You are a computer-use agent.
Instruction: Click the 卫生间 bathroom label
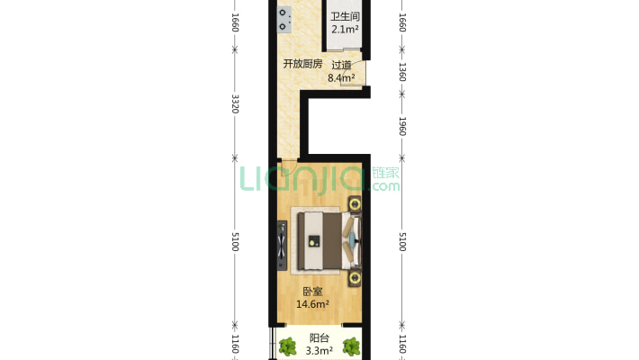tap(345, 17)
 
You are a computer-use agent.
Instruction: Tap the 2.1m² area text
tap(345, 30)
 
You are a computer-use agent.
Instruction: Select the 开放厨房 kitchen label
tap(302, 64)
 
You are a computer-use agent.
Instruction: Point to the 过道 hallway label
tap(341, 65)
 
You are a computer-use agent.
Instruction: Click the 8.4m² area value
tap(341, 77)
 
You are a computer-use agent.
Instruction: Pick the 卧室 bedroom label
tap(312, 292)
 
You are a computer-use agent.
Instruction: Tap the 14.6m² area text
tap(312, 304)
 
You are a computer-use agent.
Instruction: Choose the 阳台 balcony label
tap(319, 338)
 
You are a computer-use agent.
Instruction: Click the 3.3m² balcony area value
tap(319, 351)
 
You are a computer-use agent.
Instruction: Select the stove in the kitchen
tap(283, 20)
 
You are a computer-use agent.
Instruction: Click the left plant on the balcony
tap(288, 346)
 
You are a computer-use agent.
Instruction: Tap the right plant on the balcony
tap(351, 346)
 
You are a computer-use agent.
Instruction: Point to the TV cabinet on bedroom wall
tap(282, 246)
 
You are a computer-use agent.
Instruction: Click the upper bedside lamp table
tap(355, 204)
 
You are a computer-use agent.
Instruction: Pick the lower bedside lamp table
tap(355, 278)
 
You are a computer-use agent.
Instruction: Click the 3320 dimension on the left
tap(235, 104)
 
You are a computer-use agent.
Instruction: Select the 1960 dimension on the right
tap(402, 126)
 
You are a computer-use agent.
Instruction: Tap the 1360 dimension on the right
tap(402, 72)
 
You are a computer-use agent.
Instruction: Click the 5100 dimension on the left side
tap(235, 242)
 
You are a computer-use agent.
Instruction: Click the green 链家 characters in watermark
tap(385, 173)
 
